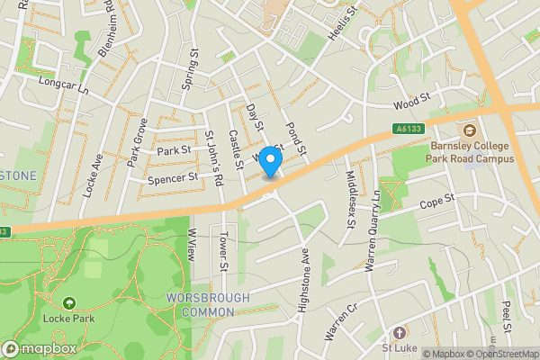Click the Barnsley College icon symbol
click(x=467, y=130)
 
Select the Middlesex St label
click(x=351, y=199)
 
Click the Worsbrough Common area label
click(x=200, y=304)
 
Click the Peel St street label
click(x=507, y=318)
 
